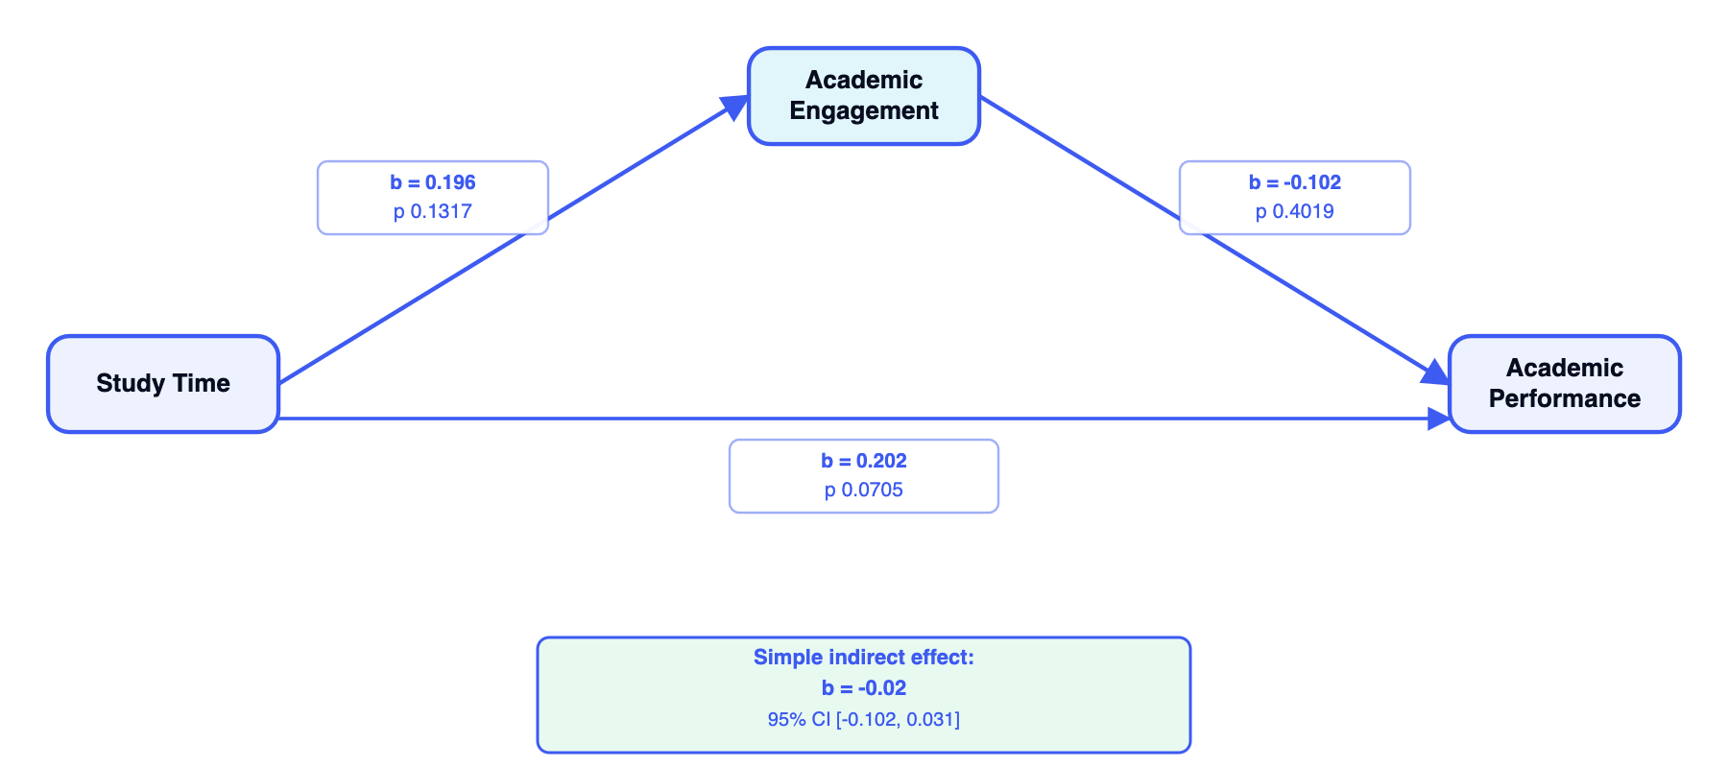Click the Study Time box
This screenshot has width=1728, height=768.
[163, 384]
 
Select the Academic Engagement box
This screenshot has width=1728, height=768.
[863, 96]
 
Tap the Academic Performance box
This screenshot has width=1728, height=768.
[1564, 384]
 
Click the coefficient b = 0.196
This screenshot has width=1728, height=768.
[432, 182]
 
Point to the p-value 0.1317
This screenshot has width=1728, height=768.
[432, 211]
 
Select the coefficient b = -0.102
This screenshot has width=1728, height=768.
[1294, 182]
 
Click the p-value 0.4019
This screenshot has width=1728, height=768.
[1294, 211]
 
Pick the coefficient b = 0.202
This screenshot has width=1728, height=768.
[863, 461]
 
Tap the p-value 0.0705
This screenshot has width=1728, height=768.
[863, 490]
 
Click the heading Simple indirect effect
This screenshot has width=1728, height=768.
[863, 658]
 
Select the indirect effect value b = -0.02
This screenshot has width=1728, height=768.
[863, 688]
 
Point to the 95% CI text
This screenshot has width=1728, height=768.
[863, 719]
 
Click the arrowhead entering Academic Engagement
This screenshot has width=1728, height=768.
[736, 105]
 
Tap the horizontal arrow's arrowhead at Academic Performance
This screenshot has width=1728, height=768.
[1438, 419]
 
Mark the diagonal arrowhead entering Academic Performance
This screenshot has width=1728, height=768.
[1436, 373]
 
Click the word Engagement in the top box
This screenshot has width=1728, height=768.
[863, 111]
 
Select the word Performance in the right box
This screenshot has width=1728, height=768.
[1564, 399]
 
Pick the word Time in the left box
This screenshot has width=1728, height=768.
[202, 384]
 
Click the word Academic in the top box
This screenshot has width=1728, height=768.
[863, 80]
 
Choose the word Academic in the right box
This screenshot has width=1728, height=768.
[1564, 368]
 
